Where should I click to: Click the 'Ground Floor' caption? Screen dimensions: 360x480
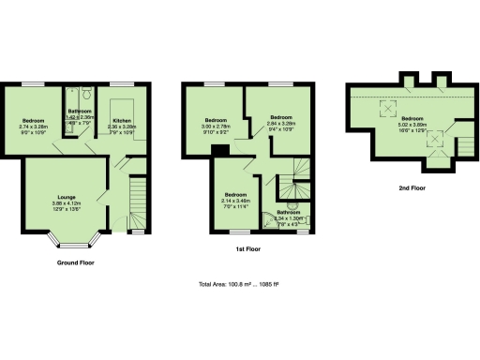[76, 263]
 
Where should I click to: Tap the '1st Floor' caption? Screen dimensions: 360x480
[247, 250]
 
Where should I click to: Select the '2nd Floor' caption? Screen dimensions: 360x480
[412, 188]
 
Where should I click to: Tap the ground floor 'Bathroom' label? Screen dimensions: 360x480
[79, 112]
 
